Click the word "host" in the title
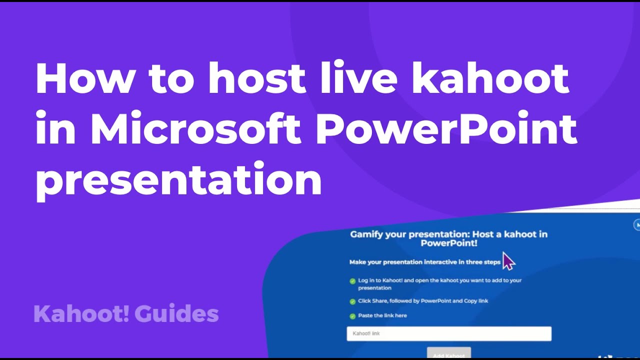click(256, 79)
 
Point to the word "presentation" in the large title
click(178, 179)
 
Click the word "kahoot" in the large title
click(490, 79)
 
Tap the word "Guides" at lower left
click(176, 314)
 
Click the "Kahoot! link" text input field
click(449, 333)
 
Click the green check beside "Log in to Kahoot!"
click(352, 281)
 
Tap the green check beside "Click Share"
click(352, 301)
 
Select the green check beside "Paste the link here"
click(352, 316)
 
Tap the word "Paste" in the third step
click(365, 315)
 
